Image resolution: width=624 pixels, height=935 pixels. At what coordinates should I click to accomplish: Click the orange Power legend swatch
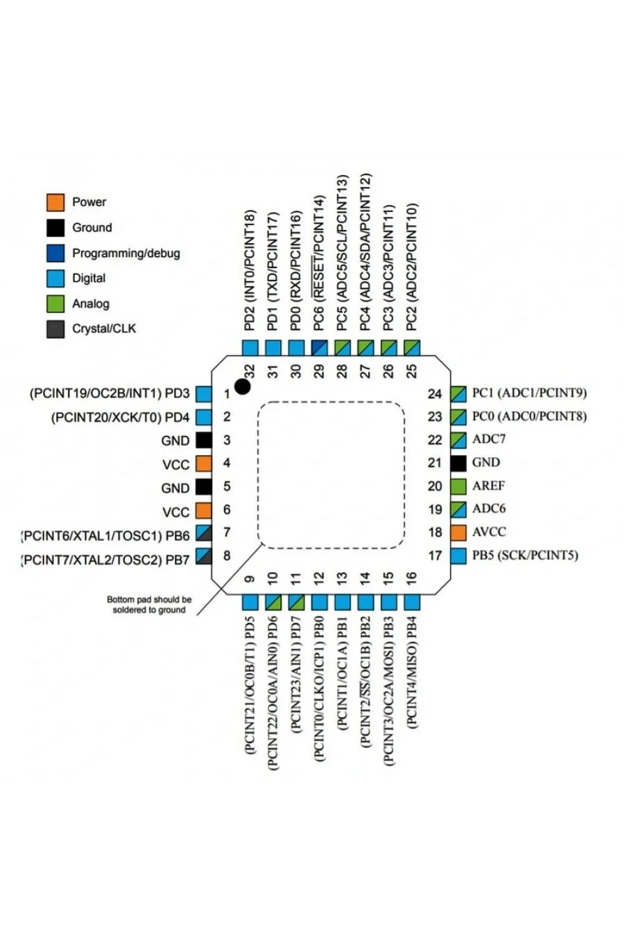tap(55, 203)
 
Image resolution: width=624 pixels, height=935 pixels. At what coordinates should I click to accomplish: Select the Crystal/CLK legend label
tap(104, 329)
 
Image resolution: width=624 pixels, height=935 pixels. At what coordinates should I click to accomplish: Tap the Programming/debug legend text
tap(126, 253)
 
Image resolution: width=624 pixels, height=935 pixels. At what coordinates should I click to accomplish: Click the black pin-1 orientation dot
tap(242, 386)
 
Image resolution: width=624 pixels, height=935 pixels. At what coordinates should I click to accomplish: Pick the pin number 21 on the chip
tap(435, 463)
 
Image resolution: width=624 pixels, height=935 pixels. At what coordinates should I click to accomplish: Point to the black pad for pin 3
tap(203, 440)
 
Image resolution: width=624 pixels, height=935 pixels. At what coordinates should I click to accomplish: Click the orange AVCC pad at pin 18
tap(458, 532)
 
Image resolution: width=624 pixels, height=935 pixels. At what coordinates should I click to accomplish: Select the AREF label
tap(489, 486)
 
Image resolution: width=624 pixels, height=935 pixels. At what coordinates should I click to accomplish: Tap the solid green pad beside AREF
tap(458, 486)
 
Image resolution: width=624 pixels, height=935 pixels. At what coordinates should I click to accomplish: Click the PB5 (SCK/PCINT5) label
tap(525, 555)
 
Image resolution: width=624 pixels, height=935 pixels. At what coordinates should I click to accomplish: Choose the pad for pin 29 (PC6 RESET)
tap(319, 348)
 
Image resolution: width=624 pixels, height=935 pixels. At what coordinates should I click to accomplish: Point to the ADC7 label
tap(489, 439)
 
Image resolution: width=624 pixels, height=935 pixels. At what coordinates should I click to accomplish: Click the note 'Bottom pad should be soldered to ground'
tap(149, 605)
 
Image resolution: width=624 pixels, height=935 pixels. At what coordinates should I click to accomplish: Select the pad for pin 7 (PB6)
tap(203, 533)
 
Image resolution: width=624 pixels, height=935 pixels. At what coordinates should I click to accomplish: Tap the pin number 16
tap(411, 578)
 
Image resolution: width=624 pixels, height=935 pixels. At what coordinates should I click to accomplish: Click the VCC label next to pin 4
tap(176, 464)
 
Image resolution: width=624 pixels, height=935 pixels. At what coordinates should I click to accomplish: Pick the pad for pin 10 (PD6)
tap(273, 603)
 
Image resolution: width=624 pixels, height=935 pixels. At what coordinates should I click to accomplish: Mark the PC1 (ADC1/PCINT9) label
tap(530, 393)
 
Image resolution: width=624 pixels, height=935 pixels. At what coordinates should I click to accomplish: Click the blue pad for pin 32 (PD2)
tap(250, 348)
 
